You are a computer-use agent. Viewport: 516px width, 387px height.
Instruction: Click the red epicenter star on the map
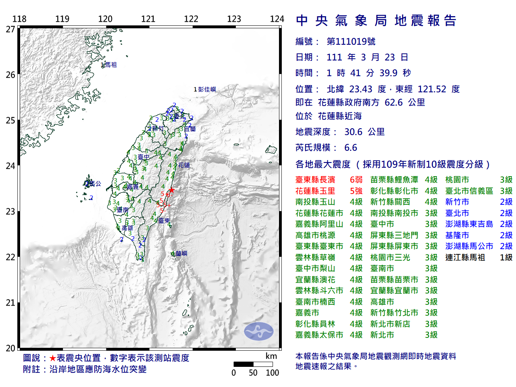tap(172, 190)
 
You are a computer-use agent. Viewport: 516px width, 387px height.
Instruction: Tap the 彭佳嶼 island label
tap(207, 89)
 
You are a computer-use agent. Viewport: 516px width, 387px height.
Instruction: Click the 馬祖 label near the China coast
tap(110, 64)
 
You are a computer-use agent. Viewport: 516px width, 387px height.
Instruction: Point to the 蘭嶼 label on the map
tap(181, 253)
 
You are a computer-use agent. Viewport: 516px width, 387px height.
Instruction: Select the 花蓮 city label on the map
tap(184, 165)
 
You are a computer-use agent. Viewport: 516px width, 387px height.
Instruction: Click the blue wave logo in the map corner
tap(258, 331)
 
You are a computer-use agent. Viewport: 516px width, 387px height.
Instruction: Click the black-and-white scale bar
tap(253, 364)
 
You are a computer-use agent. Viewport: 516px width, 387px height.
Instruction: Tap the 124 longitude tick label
tap(277, 19)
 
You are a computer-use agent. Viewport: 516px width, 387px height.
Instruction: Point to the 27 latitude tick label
tap(10, 29)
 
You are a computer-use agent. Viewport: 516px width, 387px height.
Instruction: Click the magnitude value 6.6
tap(351, 148)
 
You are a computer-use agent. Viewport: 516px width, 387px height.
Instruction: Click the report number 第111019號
tap(351, 42)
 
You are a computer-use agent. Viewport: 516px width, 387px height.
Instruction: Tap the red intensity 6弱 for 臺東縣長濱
tap(356, 180)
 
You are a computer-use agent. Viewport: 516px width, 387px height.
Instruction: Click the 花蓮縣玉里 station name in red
tap(315, 191)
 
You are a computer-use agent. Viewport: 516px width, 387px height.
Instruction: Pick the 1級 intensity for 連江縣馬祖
tap(506, 257)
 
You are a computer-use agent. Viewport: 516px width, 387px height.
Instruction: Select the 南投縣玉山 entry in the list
tap(315, 202)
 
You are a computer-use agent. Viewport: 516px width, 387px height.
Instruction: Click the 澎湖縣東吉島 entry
tap(469, 224)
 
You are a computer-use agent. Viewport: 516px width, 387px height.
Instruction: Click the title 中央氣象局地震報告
tap(376, 21)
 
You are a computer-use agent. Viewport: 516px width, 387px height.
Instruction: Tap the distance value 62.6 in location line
tap(393, 102)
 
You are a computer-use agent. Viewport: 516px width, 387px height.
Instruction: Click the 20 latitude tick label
tap(10, 348)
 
